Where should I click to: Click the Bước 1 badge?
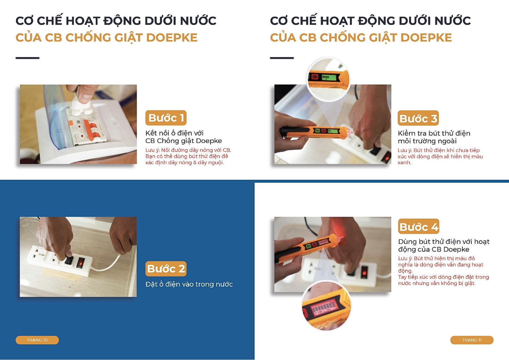point(166,118)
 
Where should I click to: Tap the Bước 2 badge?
point(166,269)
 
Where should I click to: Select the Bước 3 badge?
point(418,118)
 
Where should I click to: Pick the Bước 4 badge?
point(419,226)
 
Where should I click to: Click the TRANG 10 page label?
point(37,340)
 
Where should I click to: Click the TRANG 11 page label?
point(472,340)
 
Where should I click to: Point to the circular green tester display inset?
point(328,79)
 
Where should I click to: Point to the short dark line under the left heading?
point(28,58)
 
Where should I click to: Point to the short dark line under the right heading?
point(282,58)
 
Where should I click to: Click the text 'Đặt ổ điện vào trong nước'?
point(189,284)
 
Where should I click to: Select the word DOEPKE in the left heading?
point(172,38)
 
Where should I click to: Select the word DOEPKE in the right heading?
point(426,38)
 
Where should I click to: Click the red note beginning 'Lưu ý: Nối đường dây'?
point(188,156)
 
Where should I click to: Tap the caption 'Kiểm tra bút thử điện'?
point(434,133)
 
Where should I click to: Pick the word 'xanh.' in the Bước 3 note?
point(404,163)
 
